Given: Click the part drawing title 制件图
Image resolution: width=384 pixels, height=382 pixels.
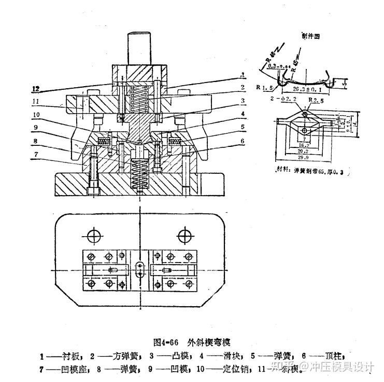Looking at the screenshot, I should pos(311,36).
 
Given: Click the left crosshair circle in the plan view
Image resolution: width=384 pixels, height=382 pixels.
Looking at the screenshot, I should pos(93,236).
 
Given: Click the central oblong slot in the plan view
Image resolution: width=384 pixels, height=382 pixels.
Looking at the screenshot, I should pos(139,269).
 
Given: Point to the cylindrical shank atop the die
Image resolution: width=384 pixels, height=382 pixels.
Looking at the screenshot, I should pos(139,48).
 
